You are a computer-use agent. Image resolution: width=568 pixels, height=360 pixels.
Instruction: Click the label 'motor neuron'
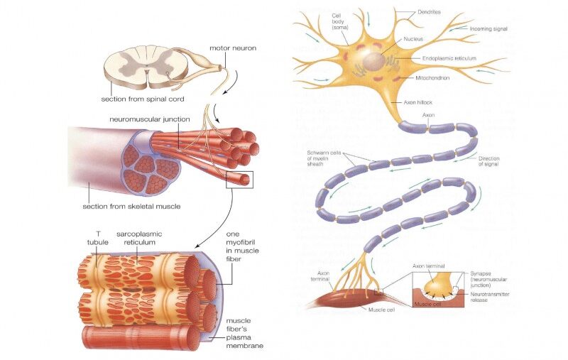[x=233, y=49]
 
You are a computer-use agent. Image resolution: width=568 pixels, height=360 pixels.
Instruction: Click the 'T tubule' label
[x=95, y=237]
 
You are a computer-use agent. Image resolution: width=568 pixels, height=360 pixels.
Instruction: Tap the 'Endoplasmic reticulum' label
[x=449, y=58]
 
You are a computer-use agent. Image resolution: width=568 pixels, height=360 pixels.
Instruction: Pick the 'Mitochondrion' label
[x=433, y=78]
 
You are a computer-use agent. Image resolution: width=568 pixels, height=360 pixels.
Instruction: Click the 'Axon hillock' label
[x=418, y=102]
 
